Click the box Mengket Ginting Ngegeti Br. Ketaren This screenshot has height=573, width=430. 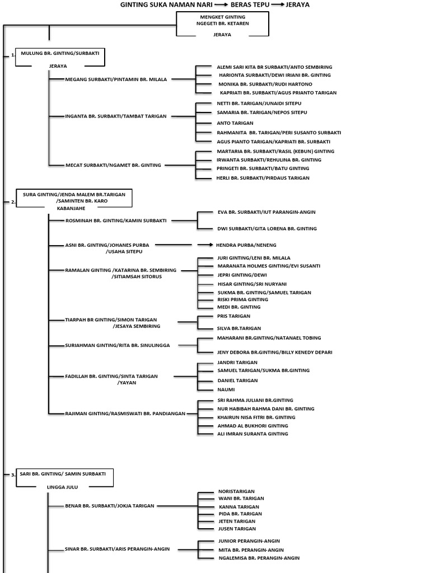click(x=222, y=24)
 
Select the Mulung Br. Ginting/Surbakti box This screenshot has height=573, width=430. click(x=60, y=57)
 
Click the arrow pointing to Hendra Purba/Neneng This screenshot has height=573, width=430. click(x=205, y=245)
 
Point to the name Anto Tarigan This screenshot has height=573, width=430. click(x=235, y=123)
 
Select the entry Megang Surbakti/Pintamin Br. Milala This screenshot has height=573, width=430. click(x=116, y=79)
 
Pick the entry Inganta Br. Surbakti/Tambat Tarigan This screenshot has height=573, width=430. click(x=115, y=116)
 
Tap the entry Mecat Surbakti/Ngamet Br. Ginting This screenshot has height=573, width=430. click(x=113, y=165)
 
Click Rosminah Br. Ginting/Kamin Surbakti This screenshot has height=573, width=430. click(x=116, y=220)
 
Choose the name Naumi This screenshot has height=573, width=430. click(x=226, y=389)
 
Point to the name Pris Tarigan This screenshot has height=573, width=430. click(x=233, y=316)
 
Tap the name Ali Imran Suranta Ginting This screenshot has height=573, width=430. click(x=253, y=434)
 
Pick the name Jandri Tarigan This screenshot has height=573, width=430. click(x=237, y=363)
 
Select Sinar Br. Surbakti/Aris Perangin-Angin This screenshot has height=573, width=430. click(x=117, y=549)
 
